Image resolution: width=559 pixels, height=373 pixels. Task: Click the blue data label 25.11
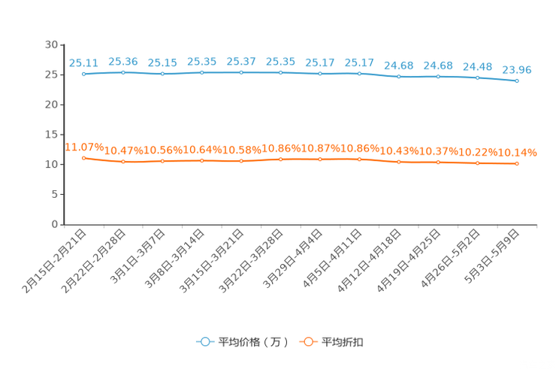(x=83, y=63)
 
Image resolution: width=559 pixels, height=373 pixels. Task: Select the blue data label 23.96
(x=517, y=70)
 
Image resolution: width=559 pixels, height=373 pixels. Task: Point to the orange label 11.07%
(x=84, y=147)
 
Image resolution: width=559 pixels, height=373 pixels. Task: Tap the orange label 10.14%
(x=517, y=153)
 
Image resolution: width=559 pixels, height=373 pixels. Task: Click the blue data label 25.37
(x=241, y=62)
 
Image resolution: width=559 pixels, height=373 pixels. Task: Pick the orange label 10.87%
(x=320, y=148)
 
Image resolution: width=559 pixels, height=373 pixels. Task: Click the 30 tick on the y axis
(x=51, y=44)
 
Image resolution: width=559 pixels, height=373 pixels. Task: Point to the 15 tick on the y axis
(x=51, y=135)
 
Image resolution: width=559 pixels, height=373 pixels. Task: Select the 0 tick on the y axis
(x=55, y=224)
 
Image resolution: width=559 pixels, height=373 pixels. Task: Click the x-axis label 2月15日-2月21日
(x=54, y=262)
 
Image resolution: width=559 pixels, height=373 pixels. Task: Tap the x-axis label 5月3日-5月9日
(x=492, y=256)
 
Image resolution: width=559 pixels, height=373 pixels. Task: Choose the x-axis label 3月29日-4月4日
(x=292, y=259)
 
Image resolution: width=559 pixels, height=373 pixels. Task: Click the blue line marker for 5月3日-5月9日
(x=517, y=81)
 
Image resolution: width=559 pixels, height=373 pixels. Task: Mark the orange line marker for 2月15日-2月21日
(x=84, y=158)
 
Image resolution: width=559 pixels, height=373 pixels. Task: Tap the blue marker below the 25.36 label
(x=123, y=72)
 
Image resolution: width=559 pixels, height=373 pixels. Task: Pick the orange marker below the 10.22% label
(x=478, y=163)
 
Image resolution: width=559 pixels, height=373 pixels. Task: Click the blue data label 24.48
(x=478, y=67)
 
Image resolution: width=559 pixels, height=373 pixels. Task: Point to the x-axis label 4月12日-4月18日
(x=370, y=261)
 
